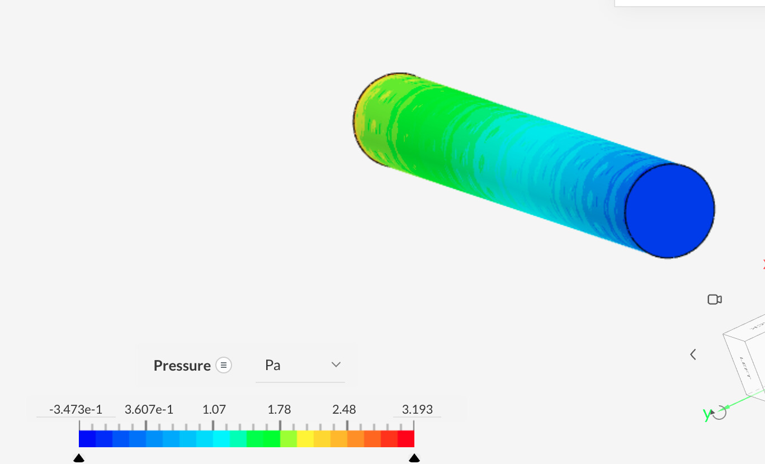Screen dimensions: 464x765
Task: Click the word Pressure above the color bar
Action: point(182,366)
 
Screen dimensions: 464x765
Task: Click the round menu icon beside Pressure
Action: point(224,366)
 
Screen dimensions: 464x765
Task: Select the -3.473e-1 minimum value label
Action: point(75,410)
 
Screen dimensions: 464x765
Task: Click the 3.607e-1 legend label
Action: point(149,410)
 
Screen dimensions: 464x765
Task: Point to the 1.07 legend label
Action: point(214,410)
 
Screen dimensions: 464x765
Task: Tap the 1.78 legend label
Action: point(279,410)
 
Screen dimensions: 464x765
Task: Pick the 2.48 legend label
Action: point(344,410)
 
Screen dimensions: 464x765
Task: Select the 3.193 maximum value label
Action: point(417,410)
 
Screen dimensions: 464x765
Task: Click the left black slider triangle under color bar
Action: point(79,458)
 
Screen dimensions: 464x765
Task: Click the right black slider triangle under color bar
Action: point(414,458)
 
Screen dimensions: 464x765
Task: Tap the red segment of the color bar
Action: point(406,439)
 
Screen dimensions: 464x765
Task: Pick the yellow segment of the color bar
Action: point(305,439)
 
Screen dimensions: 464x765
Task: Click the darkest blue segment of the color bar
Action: point(87,439)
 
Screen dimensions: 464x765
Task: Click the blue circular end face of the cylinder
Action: point(669,211)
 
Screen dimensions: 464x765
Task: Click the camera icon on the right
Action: point(715,300)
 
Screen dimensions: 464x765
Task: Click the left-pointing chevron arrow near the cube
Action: point(693,354)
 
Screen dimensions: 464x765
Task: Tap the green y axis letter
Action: point(707,414)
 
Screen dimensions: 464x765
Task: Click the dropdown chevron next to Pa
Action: point(336,364)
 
